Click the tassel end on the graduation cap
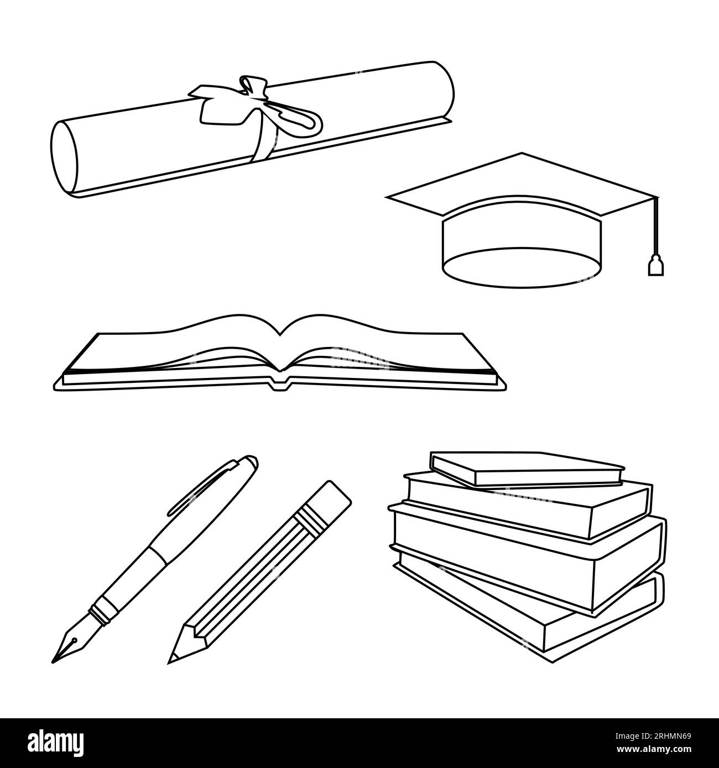(654, 266)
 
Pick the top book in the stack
(525, 467)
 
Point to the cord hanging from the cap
(656, 227)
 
